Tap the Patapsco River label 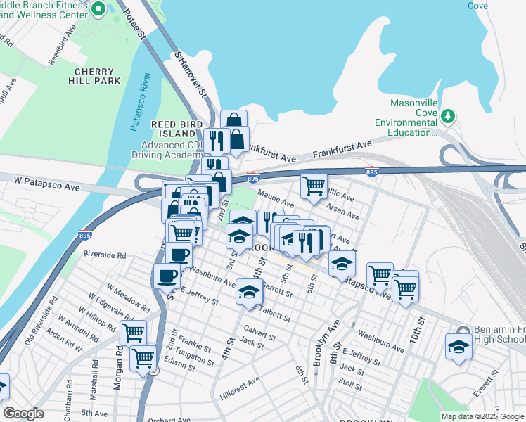(138, 101)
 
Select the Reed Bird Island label (173, 129)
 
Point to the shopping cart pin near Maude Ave (313, 186)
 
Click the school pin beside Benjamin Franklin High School (458, 347)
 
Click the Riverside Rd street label (104, 255)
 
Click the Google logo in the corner (23, 414)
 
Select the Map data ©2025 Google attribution (482, 416)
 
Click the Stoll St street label (349, 383)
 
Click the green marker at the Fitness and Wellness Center (98, 9)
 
